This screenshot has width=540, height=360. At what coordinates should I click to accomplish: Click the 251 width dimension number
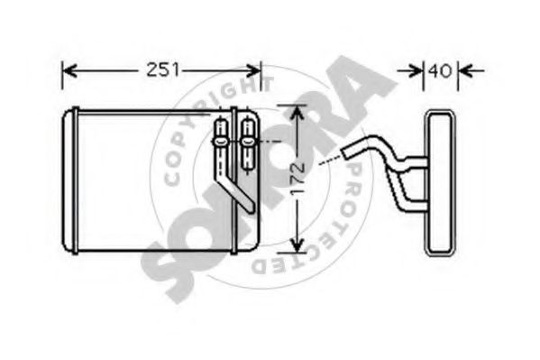tap(163, 70)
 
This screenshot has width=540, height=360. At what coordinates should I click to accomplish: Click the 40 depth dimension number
tap(440, 70)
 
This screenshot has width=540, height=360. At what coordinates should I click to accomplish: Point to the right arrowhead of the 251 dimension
tap(253, 70)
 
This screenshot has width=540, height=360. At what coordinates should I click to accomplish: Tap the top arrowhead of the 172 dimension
tap(297, 112)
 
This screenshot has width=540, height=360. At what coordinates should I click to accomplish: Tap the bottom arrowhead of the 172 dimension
tap(297, 245)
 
